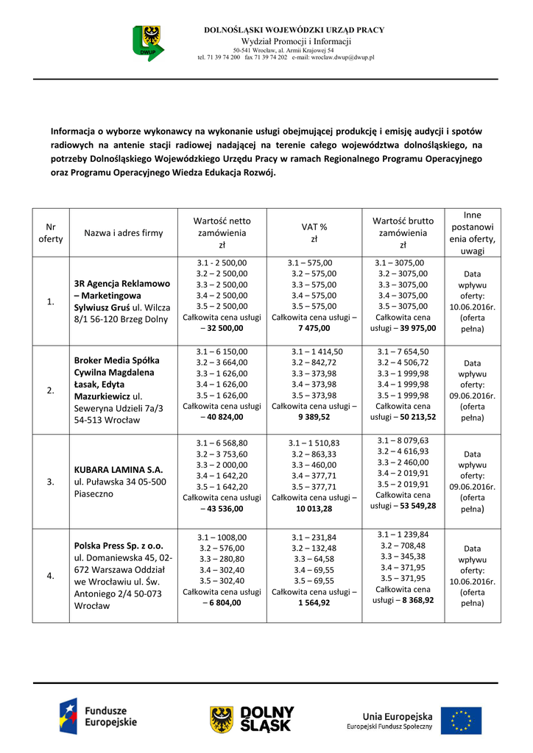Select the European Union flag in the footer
(x=461, y=721)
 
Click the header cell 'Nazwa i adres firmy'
(x=124, y=233)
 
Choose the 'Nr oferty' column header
(x=50, y=233)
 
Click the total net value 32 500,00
(x=227, y=329)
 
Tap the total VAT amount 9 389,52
(x=314, y=417)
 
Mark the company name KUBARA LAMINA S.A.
(x=119, y=468)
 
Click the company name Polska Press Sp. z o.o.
(x=119, y=546)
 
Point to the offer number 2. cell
(x=50, y=390)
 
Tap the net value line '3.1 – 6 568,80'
(x=222, y=443)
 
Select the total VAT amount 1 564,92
(x=314, y=602)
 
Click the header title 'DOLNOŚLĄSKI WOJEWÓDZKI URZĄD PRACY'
(x=293, y=30)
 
